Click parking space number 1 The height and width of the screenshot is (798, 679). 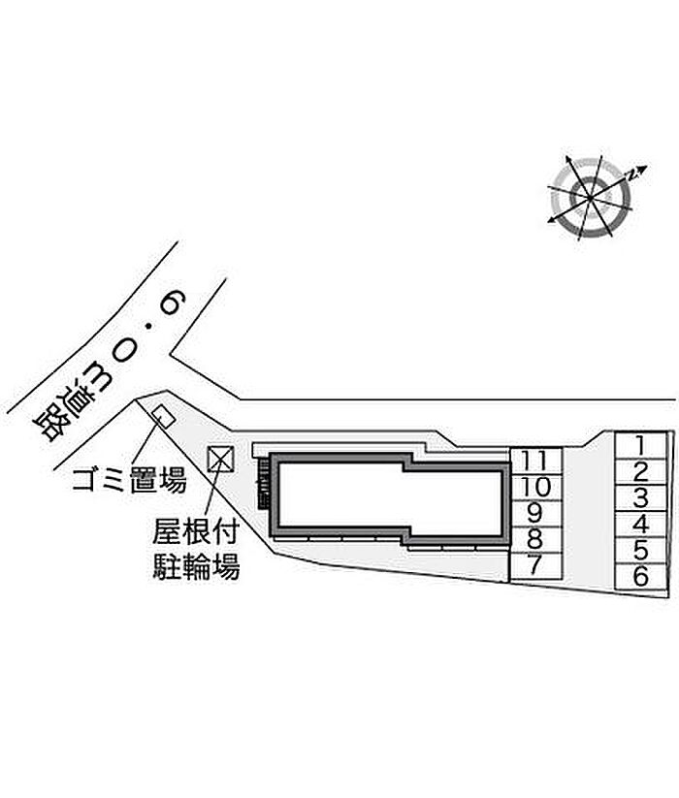(640, 446)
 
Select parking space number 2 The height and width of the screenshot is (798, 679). (640, 473)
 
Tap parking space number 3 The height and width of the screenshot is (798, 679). (640, 499)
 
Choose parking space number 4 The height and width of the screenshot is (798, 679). (640, 526)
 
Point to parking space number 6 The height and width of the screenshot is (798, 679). (640, 577)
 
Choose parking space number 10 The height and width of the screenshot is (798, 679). (535, 487)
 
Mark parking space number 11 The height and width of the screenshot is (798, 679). (535, 461)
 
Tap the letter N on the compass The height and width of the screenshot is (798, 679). (632, 174)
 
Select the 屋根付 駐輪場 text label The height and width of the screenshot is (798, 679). (197, 549)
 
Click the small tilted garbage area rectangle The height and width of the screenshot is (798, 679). (163, 417)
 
